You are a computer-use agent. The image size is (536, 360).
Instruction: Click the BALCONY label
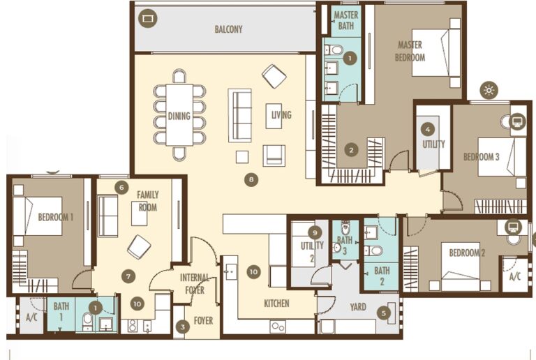[228, 29]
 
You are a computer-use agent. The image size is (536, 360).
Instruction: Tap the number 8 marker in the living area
[251, 179]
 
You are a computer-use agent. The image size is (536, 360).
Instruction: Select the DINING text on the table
[179, 116]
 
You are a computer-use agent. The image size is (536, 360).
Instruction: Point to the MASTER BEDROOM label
[410, 51]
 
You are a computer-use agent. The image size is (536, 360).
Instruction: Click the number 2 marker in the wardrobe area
[352, 149]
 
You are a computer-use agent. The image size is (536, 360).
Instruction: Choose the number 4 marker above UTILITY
[429, 129]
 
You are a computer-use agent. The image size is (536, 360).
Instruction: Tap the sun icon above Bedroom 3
[489, 90]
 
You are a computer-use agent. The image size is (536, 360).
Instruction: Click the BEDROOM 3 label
[482, 157]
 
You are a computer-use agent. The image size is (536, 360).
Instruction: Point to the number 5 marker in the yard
[383, 313]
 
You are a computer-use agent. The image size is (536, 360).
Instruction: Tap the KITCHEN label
[276, 303]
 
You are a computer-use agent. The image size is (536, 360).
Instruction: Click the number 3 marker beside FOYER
[182, 326]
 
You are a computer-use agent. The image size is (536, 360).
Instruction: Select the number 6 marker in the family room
[121, 187]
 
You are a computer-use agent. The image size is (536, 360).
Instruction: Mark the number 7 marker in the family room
[127, 276]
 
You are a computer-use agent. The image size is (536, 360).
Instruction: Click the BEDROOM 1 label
[55, 217]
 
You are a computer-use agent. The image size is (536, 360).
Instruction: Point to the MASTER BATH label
[345, 20]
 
